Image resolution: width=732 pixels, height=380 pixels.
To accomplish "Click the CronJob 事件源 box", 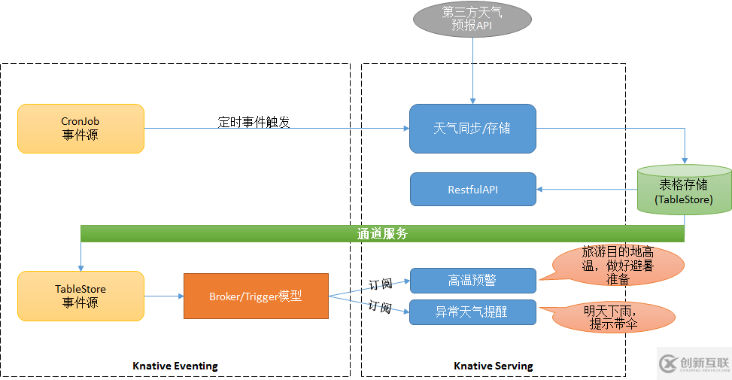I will tap(80, 129).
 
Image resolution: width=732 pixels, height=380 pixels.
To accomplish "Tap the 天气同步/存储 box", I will tap(472, 129).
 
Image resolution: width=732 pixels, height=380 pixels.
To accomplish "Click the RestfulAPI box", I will tap(472, 190).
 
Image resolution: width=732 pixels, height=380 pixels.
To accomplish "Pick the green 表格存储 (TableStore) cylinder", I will tap(685, 192).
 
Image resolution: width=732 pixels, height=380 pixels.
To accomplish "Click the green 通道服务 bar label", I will tap(382, 234).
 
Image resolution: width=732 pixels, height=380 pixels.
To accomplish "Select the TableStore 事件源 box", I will tap(80, 296).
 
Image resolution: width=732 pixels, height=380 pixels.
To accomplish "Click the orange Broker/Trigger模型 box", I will tap(256, 296).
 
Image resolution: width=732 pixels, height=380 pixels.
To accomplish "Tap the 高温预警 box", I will tap(472, 281).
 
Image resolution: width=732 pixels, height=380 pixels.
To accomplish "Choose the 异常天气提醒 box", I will tap(472, 312).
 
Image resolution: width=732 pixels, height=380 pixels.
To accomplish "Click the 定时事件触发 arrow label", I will tap(254, 122).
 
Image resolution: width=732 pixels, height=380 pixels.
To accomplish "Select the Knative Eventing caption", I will tap(175, 366).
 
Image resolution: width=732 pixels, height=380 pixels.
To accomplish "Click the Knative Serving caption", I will tap(493, 366).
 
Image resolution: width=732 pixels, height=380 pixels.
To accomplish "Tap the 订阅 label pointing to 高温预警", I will tap(379, 284).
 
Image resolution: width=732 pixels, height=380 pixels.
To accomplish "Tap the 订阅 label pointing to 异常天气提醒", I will tap(379, 307).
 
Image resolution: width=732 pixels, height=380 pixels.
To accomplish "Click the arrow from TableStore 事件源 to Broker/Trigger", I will tap(163, 296).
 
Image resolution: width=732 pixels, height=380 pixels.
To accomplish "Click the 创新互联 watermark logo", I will tap(694, 364).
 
